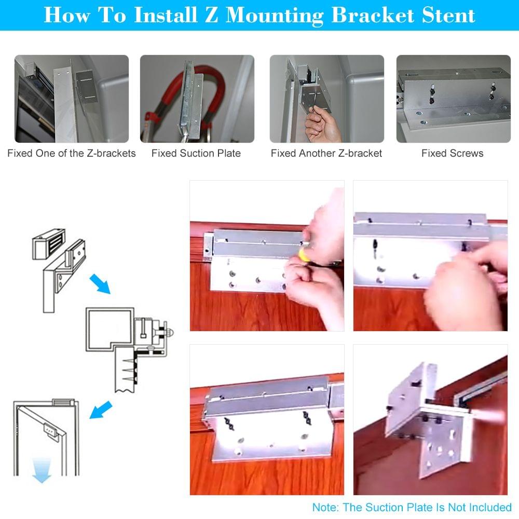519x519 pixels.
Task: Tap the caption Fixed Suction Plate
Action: point(196,153)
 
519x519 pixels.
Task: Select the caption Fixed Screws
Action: point(452,153)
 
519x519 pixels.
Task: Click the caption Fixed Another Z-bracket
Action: point(326,153)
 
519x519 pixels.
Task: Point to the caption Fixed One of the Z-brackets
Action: point(72,153)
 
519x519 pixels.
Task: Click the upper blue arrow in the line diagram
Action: point(100,284)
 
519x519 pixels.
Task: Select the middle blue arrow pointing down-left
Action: point(101,409)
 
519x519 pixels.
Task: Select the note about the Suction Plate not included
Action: point(412,507)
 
